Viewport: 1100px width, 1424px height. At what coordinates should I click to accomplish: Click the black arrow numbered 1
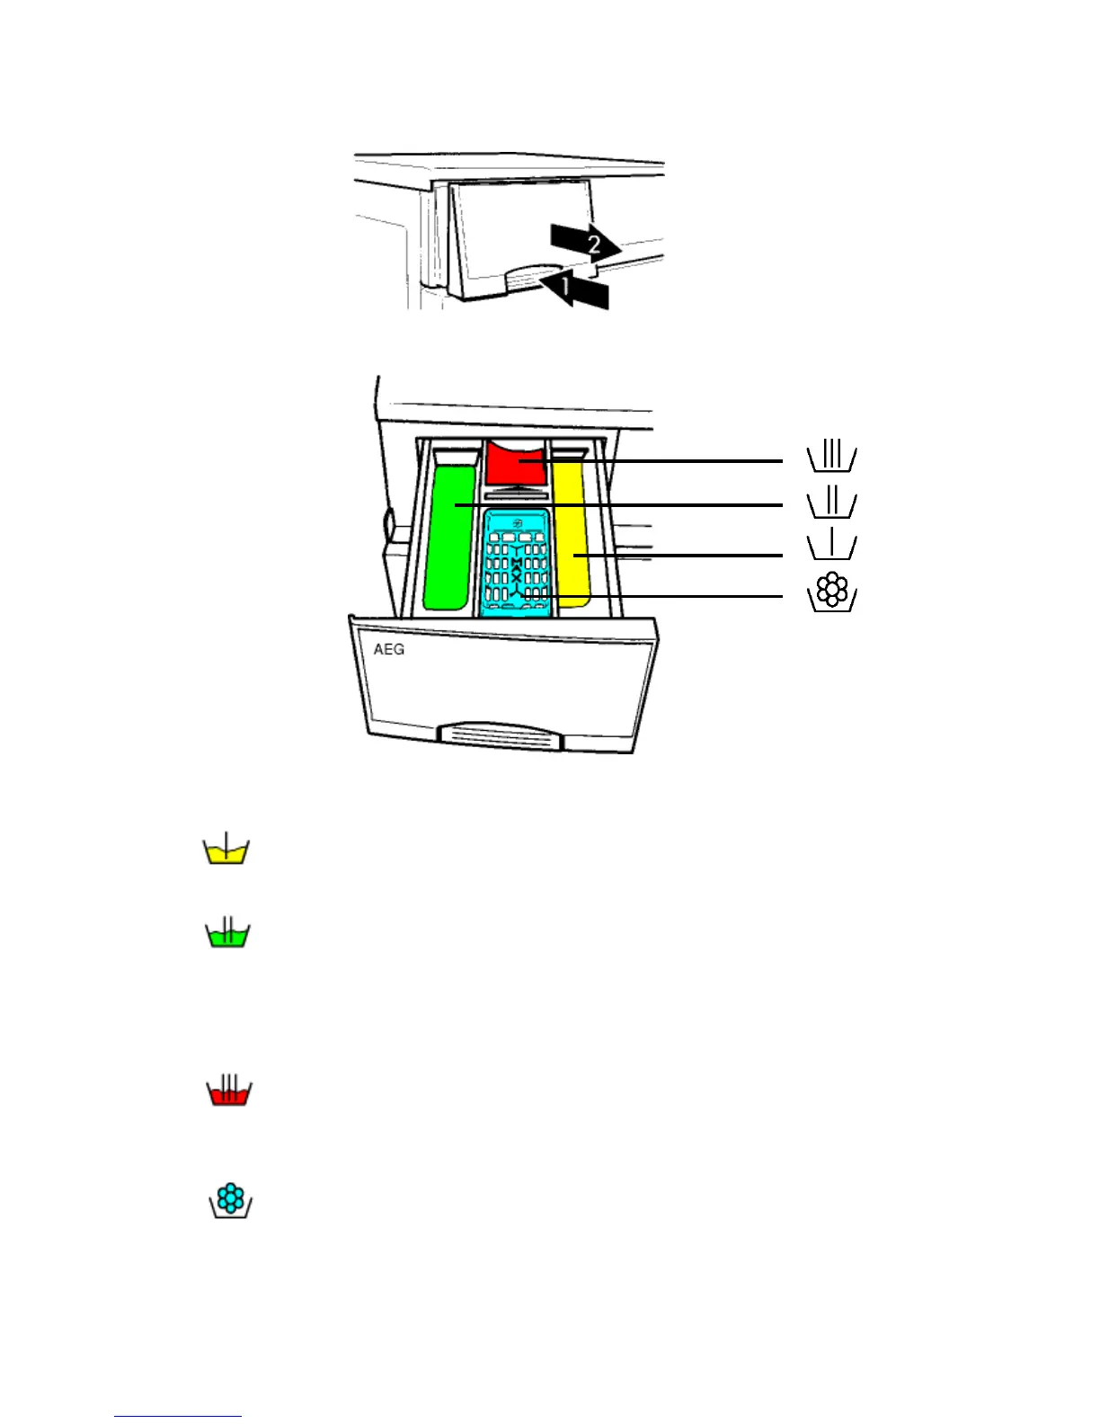pos(575,291)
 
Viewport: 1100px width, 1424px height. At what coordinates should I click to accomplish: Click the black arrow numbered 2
pos(585,242)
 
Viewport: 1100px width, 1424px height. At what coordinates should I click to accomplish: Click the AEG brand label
pos(389,649)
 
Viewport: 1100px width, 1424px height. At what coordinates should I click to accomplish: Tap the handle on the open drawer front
pos(500,734)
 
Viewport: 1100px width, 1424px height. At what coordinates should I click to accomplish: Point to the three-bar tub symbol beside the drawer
pos(831,457)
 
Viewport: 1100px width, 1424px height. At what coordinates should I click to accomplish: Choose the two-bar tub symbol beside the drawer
pos(831,503)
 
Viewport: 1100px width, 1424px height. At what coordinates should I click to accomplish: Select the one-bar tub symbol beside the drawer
pos(831,546)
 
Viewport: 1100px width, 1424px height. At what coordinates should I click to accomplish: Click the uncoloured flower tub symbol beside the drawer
pos(833,592)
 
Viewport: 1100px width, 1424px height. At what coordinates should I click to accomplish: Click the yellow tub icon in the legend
pos(226,850)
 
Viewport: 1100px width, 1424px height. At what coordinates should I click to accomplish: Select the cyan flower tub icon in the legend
pos(231,1201)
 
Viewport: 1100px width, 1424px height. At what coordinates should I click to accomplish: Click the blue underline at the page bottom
pos(178,1416)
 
